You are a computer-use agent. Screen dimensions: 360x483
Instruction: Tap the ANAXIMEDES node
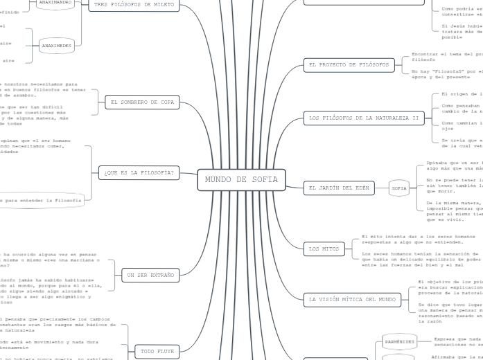[56, 46]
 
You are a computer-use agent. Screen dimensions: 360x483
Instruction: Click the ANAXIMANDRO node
[55, 3]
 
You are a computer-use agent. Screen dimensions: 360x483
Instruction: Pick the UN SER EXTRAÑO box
[148, 276]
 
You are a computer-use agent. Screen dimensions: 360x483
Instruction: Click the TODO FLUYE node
[157, 352]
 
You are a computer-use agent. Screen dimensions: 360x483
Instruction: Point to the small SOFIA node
[399, 188]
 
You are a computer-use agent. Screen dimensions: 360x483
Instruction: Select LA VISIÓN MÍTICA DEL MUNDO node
[351, 299]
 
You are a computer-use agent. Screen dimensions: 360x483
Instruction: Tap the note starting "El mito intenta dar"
[409, 239]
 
